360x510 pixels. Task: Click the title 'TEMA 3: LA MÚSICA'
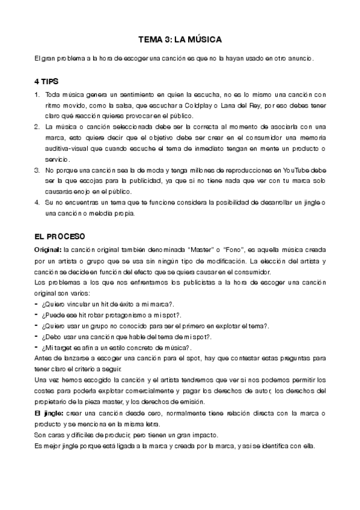coord(180,39)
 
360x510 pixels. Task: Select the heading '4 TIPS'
coord(48,81)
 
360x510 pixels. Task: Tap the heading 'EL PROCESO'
coord(60,236)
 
